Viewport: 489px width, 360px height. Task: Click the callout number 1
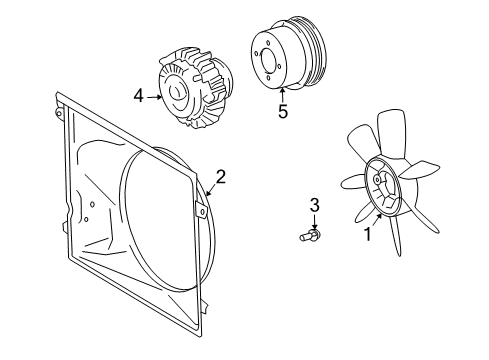(368, 234)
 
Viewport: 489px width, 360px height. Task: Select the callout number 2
(221, 177)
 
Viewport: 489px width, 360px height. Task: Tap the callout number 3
(315, 205)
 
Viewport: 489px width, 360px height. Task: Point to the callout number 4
(138, 96)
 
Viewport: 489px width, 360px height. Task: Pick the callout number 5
(283, 111)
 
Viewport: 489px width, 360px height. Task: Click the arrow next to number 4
(154, 97)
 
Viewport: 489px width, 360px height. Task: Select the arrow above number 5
(283, 94)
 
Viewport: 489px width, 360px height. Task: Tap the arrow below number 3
(315, 222)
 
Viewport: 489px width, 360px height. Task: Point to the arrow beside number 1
(377, 220)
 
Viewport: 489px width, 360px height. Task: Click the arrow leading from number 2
(210, 190)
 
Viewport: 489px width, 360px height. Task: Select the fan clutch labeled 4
(195, 88)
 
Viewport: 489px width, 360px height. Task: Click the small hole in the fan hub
(377, 180)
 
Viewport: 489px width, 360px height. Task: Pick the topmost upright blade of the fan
(392, 133)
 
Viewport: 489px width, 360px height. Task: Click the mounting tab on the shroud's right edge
(200, 210)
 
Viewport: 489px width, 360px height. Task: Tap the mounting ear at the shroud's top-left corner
(58, 112)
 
